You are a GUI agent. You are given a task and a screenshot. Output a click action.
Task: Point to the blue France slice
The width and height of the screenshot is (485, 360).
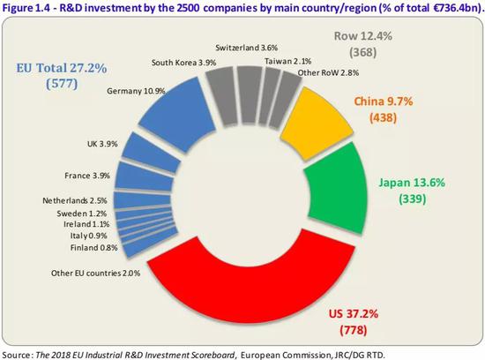[x=144, y=176]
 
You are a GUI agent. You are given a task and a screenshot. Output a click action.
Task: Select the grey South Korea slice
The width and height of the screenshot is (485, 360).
[x=221, y=96]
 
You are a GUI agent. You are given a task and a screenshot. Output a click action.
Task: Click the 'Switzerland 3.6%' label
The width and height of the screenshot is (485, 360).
[x=247, y=48]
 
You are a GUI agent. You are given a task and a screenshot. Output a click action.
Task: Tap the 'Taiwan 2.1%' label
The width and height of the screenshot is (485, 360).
[x=287, y=61]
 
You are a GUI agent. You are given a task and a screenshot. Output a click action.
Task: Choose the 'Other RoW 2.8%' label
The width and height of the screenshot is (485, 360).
[x=328, y=72]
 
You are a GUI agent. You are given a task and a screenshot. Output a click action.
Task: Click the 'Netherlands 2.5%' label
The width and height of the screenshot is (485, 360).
[x=75, y=200]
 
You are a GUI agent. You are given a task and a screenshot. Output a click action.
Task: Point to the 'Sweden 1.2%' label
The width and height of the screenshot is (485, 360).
[x=82, y=214]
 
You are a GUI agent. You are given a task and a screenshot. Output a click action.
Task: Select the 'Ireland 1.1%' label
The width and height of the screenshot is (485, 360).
[x=86, y=224]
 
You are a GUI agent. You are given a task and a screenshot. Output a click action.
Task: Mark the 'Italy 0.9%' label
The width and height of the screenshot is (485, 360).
[x=88, y=236]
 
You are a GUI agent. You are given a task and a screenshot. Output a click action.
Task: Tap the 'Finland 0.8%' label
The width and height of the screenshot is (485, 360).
[x=94, y=248]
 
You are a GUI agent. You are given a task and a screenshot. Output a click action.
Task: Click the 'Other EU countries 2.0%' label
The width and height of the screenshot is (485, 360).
[x=95, y=273]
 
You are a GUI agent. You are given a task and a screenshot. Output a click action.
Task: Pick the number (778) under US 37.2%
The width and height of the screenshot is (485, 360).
[x=354, y=330]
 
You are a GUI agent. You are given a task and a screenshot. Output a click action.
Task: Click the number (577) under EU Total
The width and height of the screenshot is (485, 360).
[x=62, y=83]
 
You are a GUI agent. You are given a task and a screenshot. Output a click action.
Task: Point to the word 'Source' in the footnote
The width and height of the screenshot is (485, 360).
[x=16, y=355]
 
